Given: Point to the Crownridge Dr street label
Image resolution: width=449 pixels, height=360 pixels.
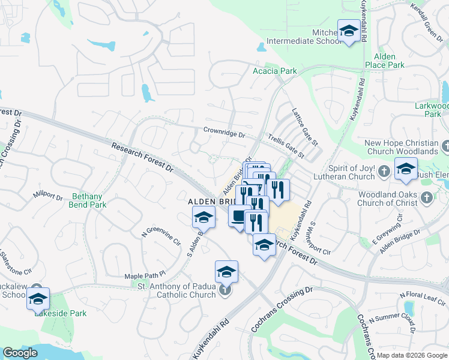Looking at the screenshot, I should tap(224, 132).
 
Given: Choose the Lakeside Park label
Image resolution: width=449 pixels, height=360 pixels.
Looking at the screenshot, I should tap(60, 313).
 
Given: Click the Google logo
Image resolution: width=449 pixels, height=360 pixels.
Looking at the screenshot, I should tap(20, 353).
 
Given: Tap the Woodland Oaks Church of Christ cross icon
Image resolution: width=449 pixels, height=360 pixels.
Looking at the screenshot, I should tap(426, 197).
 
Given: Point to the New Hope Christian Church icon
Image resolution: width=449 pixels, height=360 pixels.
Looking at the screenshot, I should tap(445, 146).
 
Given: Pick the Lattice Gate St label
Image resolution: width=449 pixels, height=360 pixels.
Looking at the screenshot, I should tap(304, 125).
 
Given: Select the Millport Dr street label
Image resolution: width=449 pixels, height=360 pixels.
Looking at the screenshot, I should tap(48, 196).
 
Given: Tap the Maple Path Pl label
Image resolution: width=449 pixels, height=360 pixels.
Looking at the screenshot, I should tap(140, 276).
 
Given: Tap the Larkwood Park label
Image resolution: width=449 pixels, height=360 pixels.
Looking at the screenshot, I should tap(432, 110).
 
